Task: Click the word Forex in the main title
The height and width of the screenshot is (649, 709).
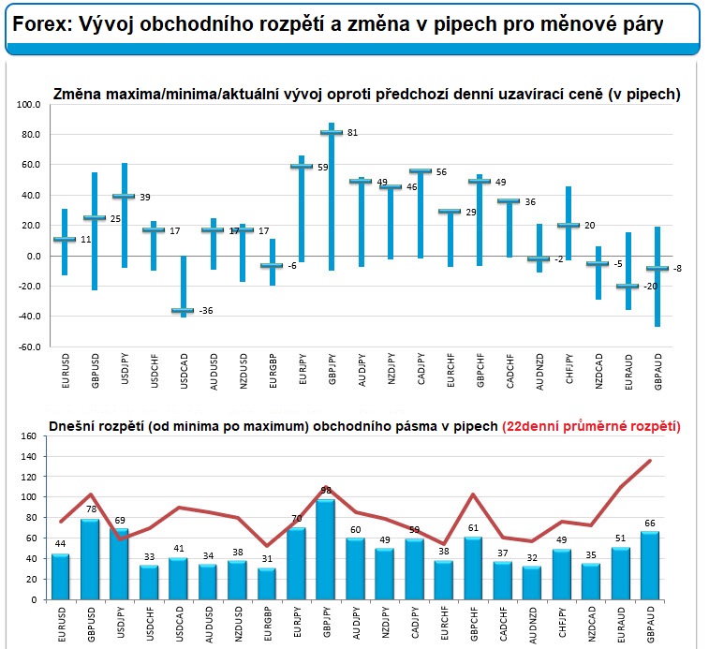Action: pos(38,25)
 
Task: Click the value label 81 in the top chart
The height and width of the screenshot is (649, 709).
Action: pos(353,133)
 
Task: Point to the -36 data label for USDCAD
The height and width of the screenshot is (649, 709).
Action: pos(208,311)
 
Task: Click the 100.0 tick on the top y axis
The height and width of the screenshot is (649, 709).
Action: pos(31,105)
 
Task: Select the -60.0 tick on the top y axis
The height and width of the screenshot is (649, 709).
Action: pos(29,347)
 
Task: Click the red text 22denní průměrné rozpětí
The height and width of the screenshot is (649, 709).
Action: pos(591,426)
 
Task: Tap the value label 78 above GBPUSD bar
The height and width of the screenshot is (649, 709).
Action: pos(93,509)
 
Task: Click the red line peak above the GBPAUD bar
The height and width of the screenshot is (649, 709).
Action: pos(650,461)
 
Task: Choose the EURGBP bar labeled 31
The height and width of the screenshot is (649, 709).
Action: pos(268,583)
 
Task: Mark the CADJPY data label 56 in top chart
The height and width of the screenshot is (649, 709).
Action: pos(440,171)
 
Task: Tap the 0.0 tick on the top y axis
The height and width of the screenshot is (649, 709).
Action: pos(34,257)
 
